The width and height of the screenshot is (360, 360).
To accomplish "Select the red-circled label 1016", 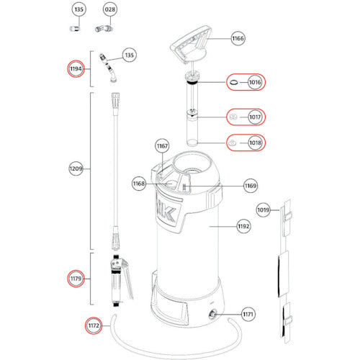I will pos(253,84).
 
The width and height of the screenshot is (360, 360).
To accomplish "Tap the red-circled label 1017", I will pos(253,115).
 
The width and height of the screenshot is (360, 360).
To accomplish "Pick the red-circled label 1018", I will pos(253,143).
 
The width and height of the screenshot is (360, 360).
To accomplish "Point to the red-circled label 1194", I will pos(76,69).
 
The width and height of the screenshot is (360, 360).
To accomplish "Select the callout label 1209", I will pos(76,169).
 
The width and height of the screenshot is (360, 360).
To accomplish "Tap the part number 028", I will pos(109,10).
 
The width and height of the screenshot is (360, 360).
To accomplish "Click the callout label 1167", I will pos(162,147).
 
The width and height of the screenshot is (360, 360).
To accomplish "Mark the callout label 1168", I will pos(139,184).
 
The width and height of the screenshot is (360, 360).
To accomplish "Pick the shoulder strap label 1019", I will pos(264,210).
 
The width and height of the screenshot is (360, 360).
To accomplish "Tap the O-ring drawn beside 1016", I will pos(233,84).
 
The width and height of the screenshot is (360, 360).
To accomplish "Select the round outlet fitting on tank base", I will pos(215,314).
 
